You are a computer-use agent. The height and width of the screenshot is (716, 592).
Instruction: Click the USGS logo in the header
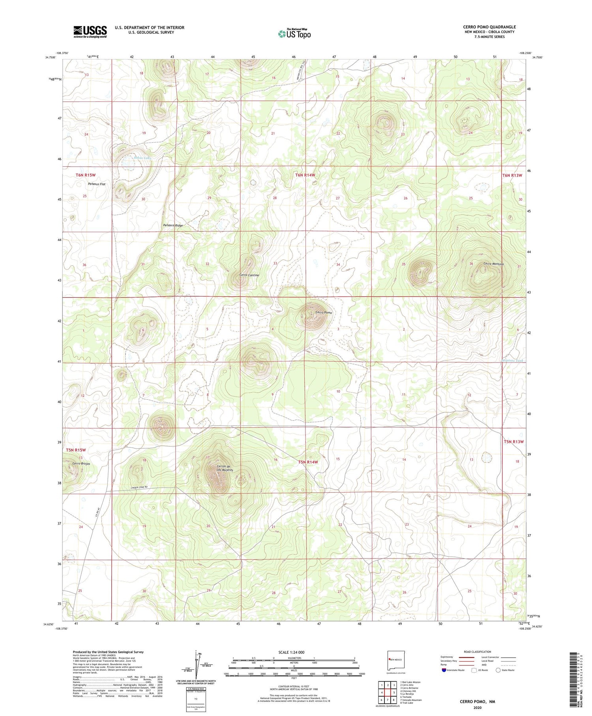click(x=90, y=32)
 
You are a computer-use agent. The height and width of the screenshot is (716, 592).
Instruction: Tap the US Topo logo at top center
click(x=294, y=34)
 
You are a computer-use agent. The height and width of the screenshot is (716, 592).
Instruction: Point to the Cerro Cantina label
click(x=249, y=275)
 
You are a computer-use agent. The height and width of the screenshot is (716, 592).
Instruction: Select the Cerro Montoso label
click(x=493, y=264)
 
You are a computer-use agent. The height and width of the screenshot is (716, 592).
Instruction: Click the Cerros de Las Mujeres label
click(x=225, y=468)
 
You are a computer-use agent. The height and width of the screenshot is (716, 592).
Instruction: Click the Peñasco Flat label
click(x=96, y=184)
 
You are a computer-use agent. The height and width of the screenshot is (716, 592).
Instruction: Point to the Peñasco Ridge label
click(x=173, y=225)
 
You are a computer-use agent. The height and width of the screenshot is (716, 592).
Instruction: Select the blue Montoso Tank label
click(x=512, y=361)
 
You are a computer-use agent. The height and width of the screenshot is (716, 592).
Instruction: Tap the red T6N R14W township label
click(x=305, y=175)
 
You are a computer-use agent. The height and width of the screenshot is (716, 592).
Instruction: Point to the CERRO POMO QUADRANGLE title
click(x=489, y=27)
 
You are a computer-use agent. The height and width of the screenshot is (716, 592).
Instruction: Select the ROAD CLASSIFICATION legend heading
click(x=477, y=652)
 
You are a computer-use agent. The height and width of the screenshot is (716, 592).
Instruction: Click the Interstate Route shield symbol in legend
click(x=444, y=670)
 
